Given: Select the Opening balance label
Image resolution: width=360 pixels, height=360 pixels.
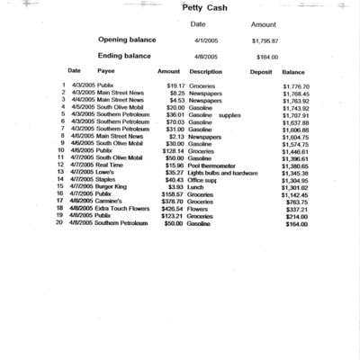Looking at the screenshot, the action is click(132, 40).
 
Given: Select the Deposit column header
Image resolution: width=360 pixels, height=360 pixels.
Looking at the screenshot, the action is click(260, 70).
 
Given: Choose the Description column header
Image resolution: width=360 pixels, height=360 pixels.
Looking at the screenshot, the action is click(206, 70).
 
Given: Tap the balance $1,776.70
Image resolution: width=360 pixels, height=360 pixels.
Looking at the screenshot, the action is click(294, 85).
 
